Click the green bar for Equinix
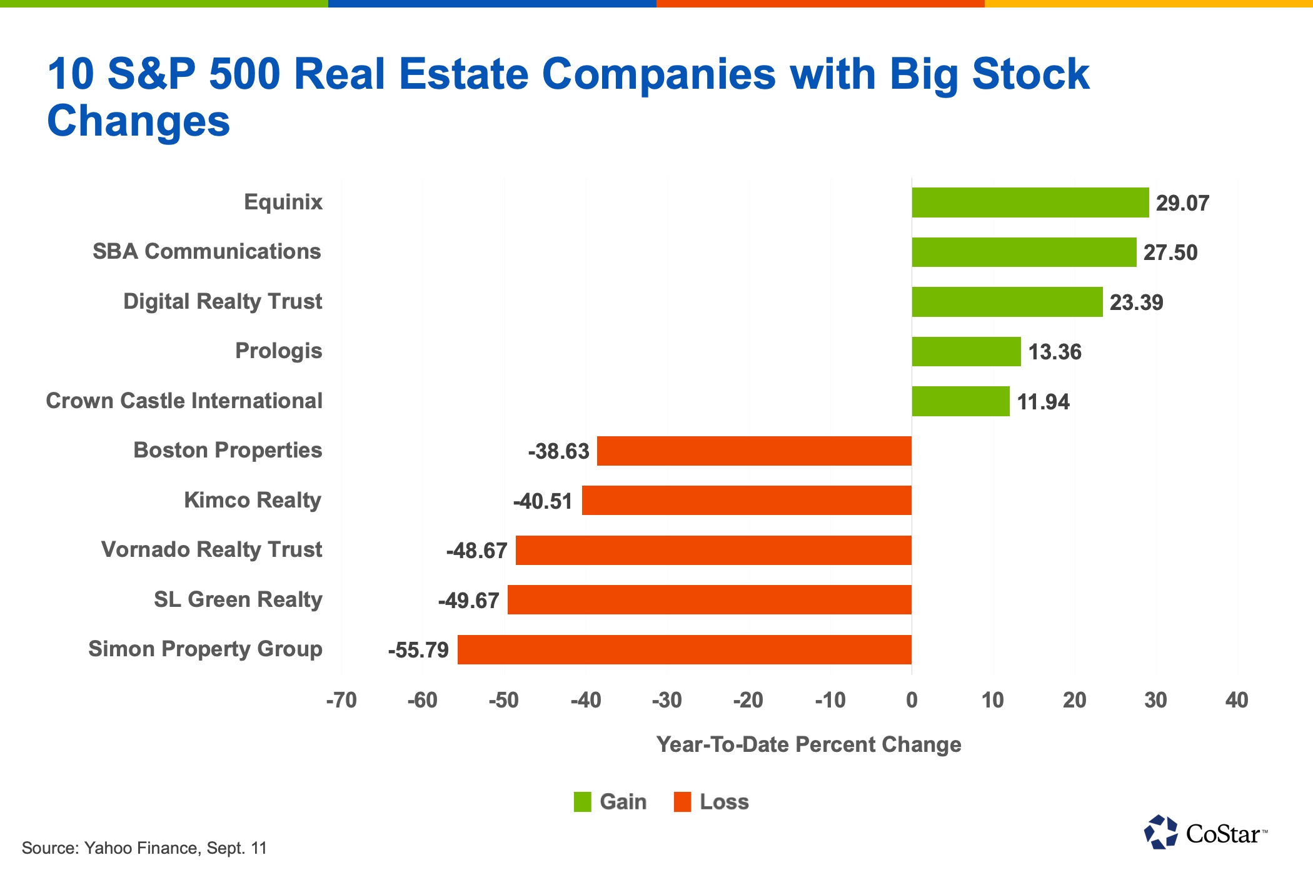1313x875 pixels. coord(1030,202)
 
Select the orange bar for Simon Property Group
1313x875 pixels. coord(684,649)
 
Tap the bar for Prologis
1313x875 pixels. coord(966,351)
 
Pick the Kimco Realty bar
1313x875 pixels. coord(746,501)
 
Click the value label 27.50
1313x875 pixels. coord(1170,252)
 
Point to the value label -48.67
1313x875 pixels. coord(476,551)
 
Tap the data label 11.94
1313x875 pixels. coord(1043,402)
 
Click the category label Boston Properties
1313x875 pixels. coord(228,450)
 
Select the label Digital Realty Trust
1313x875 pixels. coord(223,301)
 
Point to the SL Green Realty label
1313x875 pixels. coord(238,599)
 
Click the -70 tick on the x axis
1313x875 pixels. coord(341,700)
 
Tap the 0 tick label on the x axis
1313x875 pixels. coord(912,700)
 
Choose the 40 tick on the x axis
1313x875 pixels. coord(1237,700)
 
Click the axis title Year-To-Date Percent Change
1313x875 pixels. coord(808,744)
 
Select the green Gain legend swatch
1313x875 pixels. coord(582,802)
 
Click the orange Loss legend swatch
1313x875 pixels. coord(682,802)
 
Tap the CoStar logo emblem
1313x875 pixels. coord(1160,832)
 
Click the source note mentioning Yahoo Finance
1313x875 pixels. coord(144,848)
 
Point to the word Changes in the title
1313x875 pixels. coord(139,121)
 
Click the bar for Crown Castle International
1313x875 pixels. coord(960,401)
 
